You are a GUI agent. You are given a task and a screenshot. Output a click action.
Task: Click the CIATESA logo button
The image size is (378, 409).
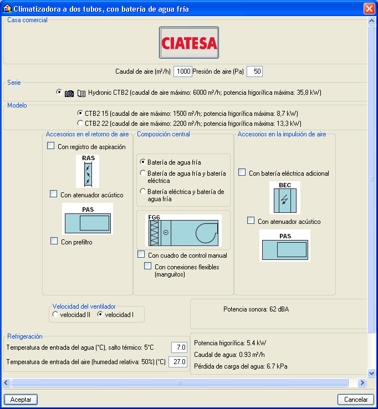tap(189, 43)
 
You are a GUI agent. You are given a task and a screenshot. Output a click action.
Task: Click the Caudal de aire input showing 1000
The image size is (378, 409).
tap(183, 71)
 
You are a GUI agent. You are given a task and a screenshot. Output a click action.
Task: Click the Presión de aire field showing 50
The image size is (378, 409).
tap(254, 71)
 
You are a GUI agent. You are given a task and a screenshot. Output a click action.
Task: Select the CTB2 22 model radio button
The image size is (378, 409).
tap(80, 123)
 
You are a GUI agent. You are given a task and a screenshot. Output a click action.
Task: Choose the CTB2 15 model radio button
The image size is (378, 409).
tap(80, 113)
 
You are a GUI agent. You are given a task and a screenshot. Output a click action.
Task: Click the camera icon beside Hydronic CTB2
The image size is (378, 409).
tap(69, 93)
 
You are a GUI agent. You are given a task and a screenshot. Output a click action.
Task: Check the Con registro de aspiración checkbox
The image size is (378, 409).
tap(50, 146)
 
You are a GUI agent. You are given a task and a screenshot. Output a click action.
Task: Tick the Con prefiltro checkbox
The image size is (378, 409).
tap(54, 241)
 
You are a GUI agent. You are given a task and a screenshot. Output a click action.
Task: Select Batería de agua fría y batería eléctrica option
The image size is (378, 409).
tap(142, 173)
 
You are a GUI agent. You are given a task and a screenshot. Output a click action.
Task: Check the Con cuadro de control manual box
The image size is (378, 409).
tap(141, 254)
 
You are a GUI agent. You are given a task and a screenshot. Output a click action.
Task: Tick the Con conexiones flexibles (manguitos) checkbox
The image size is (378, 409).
tap(147, 266)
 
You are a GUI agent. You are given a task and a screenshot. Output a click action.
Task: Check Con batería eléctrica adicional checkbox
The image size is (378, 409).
tap(242, 172)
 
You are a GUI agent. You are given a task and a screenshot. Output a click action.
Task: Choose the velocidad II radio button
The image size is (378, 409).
tap(55, 314)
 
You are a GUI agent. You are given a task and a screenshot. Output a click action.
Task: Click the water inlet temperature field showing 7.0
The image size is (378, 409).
tap(179, 347)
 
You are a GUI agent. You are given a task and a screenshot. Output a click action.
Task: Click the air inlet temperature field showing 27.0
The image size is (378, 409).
tap(178, 362)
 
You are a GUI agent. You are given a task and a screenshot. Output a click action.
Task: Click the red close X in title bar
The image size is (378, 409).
tap(369, 9)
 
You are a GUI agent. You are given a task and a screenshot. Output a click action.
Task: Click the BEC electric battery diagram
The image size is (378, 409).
tap(285, 198)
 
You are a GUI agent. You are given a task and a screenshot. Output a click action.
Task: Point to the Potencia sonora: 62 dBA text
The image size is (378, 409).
tap(256, 309)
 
